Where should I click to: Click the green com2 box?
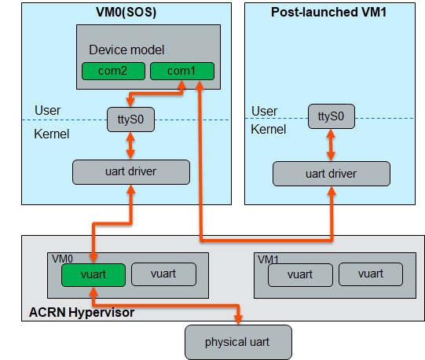113,71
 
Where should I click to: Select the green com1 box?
182,71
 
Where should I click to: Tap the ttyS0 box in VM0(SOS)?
130,119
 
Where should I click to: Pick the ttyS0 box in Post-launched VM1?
332,116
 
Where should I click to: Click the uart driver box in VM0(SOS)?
131,172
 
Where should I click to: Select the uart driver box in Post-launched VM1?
332,174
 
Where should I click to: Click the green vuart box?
93,275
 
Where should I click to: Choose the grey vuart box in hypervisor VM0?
163,274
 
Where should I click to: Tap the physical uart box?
238,342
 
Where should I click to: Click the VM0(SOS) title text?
126,12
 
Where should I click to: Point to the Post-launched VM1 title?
329,12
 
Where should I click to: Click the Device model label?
126,50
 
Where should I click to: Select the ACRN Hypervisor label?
82,312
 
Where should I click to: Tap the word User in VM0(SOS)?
47,110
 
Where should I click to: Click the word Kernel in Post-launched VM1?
269,129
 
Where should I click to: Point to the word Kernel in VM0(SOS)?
52,134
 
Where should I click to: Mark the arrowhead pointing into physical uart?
238,320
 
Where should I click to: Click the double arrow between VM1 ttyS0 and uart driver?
331,145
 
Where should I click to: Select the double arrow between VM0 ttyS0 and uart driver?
130,145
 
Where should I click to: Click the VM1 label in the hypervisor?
268,260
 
